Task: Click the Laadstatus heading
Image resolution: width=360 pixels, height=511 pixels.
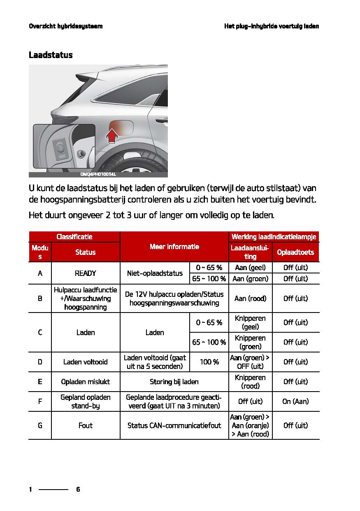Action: tap(51, 55)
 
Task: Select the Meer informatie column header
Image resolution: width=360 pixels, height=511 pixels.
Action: tap(174, 247)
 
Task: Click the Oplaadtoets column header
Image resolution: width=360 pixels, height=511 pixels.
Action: tap(295, 252)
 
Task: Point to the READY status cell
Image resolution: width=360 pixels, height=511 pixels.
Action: tap(86, 273)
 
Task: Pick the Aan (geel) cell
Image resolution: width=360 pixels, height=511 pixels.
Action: tap(250, 268)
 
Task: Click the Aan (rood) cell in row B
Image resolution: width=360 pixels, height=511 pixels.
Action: tap(250, 299)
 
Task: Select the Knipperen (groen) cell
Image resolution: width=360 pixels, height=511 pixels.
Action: tap(250, 342)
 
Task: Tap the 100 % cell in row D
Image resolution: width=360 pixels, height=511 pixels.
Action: tap(209, 362)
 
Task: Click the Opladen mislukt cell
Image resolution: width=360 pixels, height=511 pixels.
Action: tap(86, 382)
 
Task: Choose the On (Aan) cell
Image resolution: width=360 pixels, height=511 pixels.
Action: tap(295, 401)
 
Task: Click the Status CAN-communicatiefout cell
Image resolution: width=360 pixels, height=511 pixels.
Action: tap(174, 425)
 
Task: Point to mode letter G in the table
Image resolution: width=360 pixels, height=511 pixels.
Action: tap(40, 425)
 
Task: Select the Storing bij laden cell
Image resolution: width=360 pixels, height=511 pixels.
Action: tap(174, 382)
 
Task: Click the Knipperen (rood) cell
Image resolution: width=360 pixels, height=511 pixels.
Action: tap(250, 382)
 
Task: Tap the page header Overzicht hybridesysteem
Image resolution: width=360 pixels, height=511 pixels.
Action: tap(65, 26)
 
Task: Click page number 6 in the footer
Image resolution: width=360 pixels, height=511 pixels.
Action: tap(78, 490)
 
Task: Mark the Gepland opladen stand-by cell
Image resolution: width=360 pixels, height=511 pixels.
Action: tap(86, 401)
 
